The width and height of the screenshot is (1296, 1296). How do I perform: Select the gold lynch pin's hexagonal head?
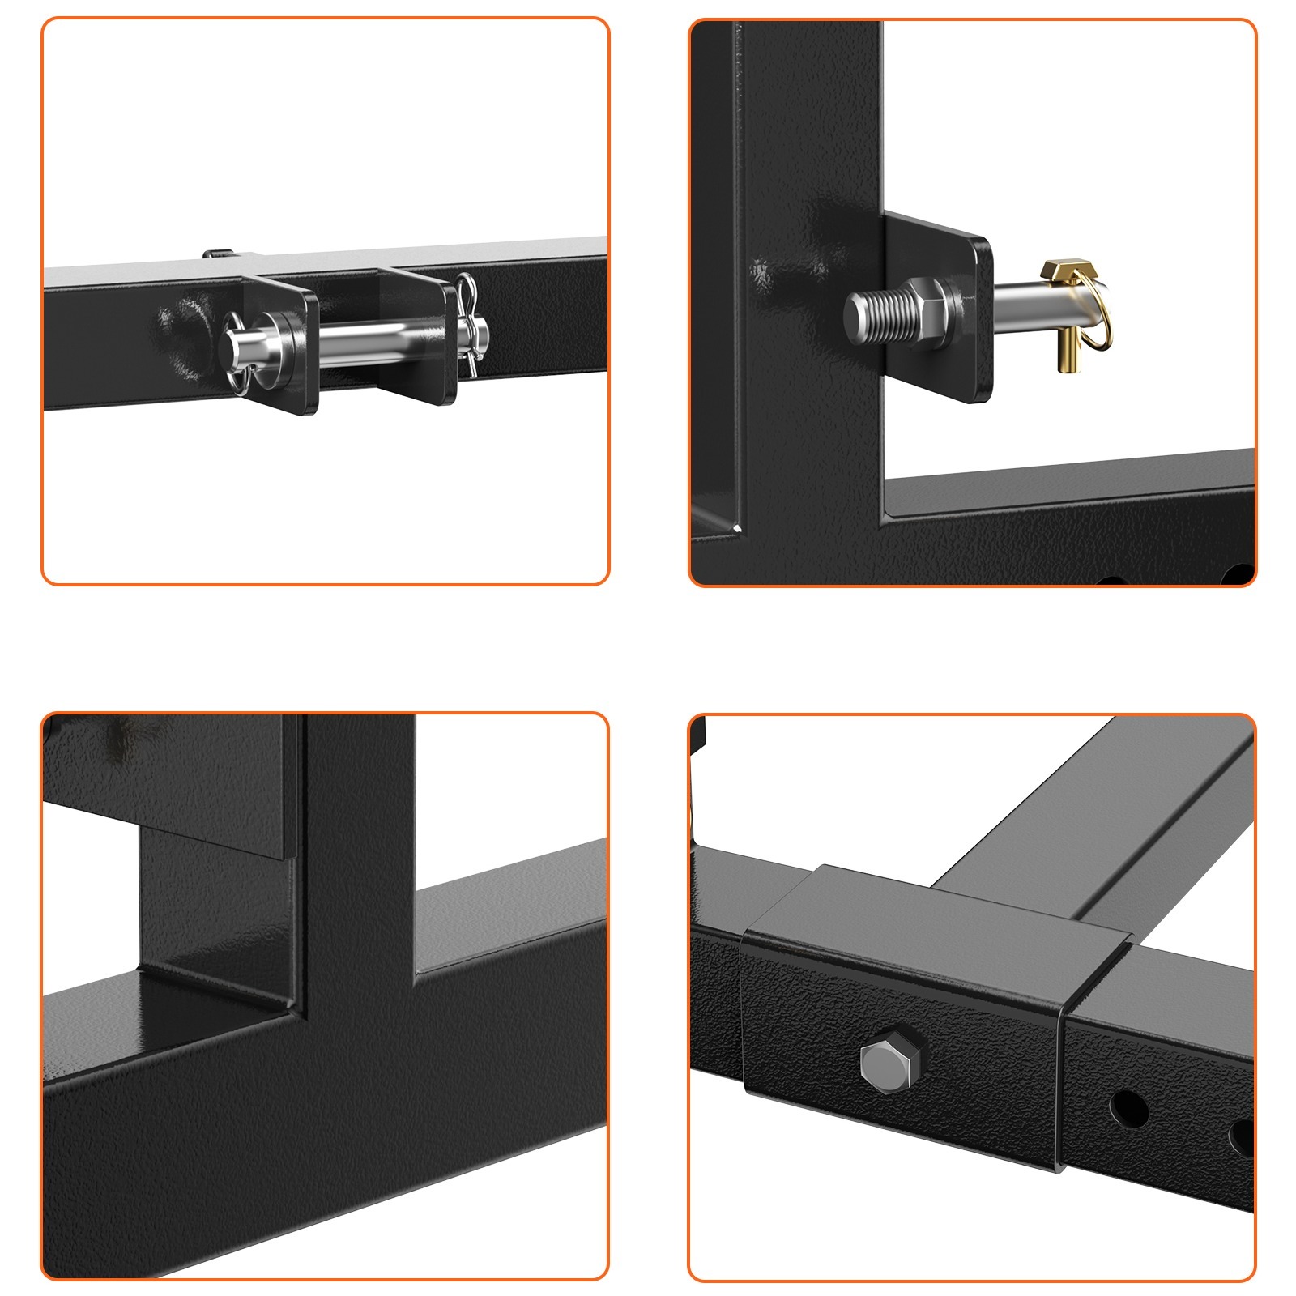click(1062, 271)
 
